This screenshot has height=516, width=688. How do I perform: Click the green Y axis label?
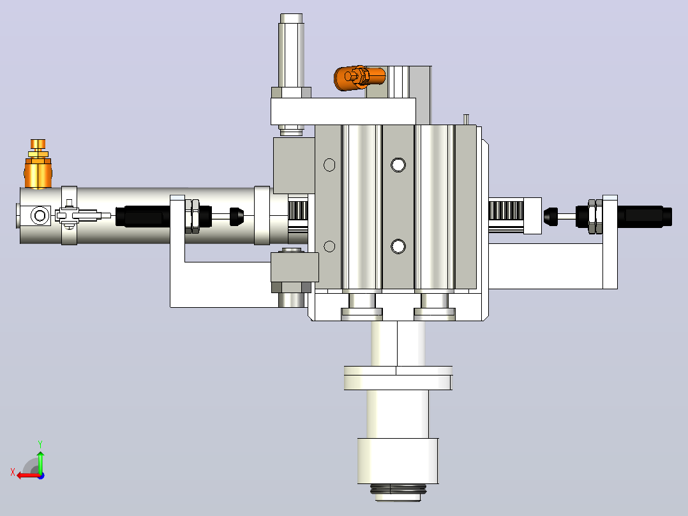[40, 444]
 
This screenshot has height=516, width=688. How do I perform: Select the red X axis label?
[13, 473]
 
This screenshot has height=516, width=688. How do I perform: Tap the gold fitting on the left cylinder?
[38, 164]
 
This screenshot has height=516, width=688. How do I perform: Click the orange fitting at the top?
[359, 78]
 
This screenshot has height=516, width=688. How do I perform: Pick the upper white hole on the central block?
[398, 165]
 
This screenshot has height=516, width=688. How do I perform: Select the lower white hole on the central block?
[398, 247]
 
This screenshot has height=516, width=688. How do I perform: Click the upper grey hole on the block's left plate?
[329, 165]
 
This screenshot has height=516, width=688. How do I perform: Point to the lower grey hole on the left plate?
[329, 247]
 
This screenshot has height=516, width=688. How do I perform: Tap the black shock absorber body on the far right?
[644, 216]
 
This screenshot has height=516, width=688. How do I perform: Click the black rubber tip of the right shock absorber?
[551, 216]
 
